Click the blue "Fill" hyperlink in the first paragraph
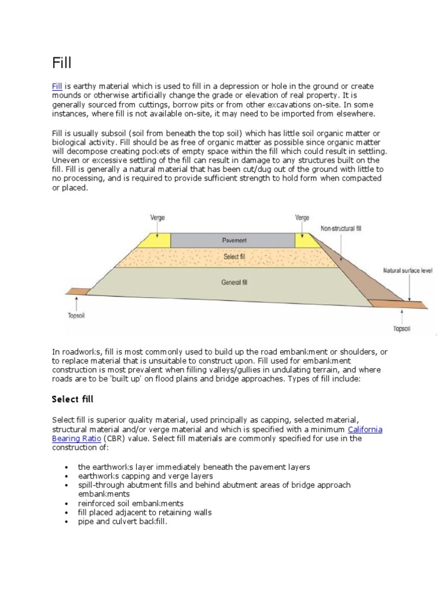(57, 86)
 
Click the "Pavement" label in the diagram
(234, 240)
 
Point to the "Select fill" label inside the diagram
(234, 256)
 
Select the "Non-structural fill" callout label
(341, 229)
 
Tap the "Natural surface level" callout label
(407, 270)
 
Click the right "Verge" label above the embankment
(302, 218)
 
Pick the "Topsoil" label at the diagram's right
(401, 328)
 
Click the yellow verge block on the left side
(159, 240)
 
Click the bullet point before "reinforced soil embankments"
(67, 503)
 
